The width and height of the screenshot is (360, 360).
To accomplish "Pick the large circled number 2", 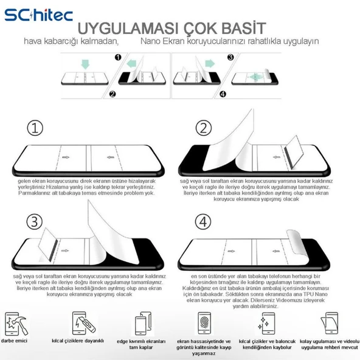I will click(x=204, y=128).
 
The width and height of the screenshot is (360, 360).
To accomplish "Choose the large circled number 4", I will click(x=204, y=221).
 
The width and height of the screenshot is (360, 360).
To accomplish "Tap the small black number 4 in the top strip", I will click(x=222, y=94).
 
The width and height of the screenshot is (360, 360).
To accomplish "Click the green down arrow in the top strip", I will click(x=85, y=63).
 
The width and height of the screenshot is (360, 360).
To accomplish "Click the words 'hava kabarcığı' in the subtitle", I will click(x=49, y=41).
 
